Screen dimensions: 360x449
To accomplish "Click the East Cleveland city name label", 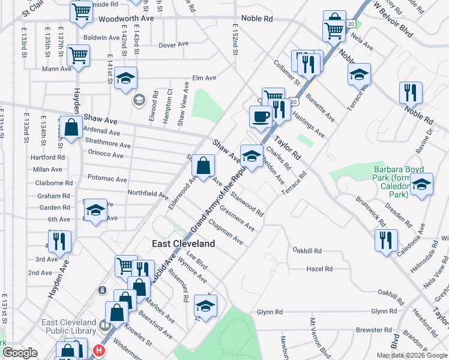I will pyautogui.click(x=182, y=244).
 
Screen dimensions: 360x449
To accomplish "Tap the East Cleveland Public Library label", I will pyautogui.click(x=68, y=326).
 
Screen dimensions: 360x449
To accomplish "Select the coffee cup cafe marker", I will pyautogui.click(x=261, y=116).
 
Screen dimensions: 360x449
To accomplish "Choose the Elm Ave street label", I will pyautogui.click(x=203, y=78).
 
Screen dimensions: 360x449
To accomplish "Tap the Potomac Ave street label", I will pyautogui.click(x=107, y=179).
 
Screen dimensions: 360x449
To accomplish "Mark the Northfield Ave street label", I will pyautogui.click(x=147, y=194).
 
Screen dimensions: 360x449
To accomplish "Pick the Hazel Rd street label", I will pyautogui.click(x=319, y=269).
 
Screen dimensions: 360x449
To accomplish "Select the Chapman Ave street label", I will pyautogui.click(x=226, y=232).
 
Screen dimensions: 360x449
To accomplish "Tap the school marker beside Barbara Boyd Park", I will pyautogui.click(x=421, y=185).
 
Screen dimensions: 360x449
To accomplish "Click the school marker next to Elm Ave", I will pyautogui.click(x=126, y=78).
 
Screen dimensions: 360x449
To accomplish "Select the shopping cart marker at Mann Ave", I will pyautogui.click(x=79, y=55).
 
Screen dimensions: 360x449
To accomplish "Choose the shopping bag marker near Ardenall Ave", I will pyautogui.click(x=71, y=128).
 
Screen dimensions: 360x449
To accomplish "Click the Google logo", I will pyautogui.click(x=20, y=353).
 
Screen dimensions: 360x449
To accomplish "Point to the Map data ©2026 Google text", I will pyautogui.click(x=411, y=355).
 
